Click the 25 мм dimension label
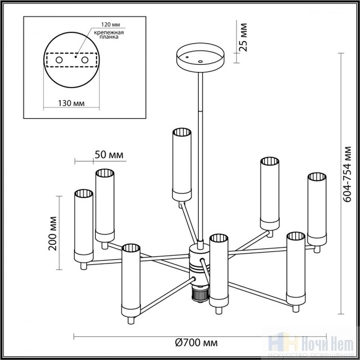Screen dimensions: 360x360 click(243, 37)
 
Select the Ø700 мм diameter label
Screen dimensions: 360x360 click(196, 343)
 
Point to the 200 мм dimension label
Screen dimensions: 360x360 click(53, 233)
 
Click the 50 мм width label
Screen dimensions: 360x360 click(109, 155)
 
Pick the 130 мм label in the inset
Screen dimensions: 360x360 click(71, 103)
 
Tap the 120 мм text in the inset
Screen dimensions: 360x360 click(111, 25)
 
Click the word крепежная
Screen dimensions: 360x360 click(109, 32)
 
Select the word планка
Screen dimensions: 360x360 click(109, 37)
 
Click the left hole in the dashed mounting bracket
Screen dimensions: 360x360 click(59, 60)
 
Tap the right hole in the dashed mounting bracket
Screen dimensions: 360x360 click(85, 60)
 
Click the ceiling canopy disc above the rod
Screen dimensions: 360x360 click(200, 58)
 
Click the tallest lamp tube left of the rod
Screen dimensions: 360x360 click(182, 165)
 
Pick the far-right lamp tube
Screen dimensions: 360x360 click(317, 209)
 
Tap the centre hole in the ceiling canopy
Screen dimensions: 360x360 click(200, 62)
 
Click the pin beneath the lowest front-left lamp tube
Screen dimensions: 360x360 click(130, 320)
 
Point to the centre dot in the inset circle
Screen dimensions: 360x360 click(76, 57)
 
